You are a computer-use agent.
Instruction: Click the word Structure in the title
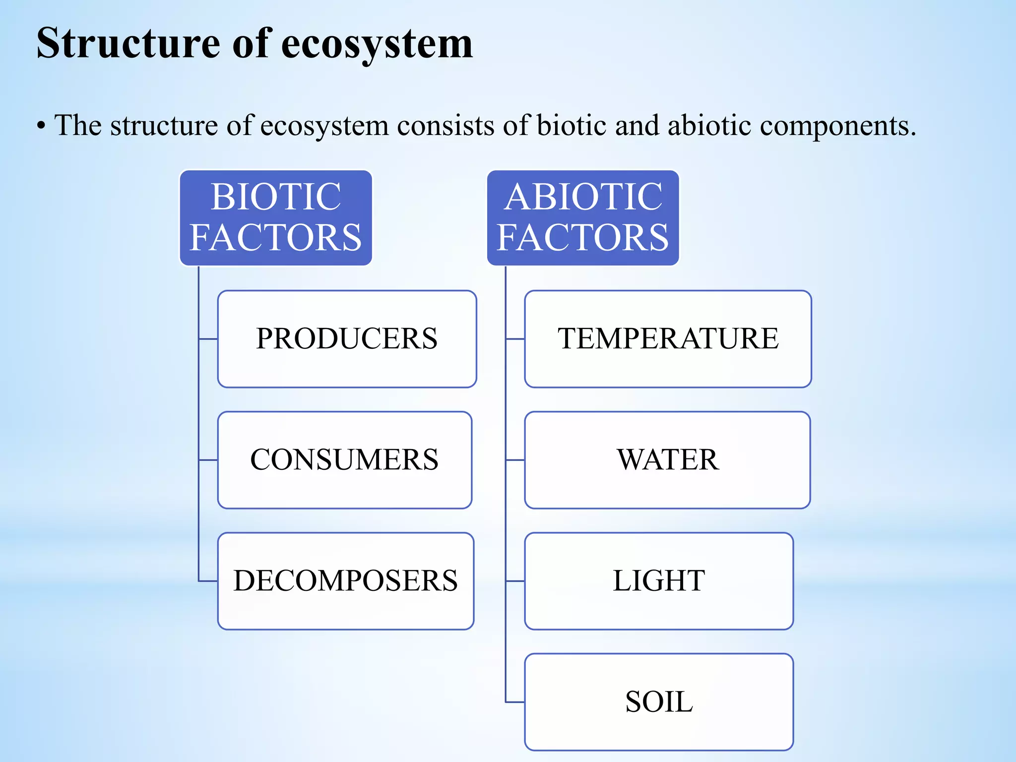pos(128,44)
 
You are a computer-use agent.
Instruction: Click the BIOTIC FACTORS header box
pos(276,217)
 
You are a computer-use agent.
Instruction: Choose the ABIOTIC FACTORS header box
pos(583,217)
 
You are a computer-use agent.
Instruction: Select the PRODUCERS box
pos(347,339)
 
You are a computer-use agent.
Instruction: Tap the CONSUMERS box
pos(344,460)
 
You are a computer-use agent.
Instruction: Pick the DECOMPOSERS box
pos(345,581)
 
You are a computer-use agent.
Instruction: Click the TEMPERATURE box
pos(668,339)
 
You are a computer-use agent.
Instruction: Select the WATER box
pos(667,460)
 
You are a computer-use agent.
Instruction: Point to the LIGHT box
pos(659,581)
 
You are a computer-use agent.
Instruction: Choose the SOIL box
pos(659,702)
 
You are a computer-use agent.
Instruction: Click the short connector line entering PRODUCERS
pos(208,339)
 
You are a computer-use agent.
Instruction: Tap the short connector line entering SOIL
pos(515,702)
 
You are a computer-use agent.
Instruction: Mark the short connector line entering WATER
pos(515,460)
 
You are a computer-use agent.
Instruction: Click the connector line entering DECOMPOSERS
pos(208,581)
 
